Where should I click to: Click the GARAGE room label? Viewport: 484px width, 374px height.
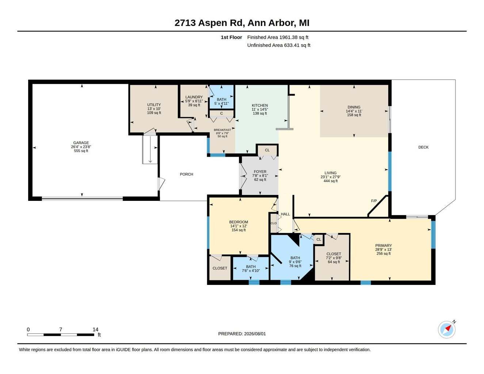click(81, 143)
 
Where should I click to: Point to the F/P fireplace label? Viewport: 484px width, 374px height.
click(374, 201)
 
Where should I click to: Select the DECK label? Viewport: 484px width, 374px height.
click(423, 147)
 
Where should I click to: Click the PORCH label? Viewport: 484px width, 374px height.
click(186, 174)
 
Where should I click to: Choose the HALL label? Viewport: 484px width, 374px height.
click(285, 214)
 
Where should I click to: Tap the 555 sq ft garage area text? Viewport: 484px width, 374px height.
click(81, 151)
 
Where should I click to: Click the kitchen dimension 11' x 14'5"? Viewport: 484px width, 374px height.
click(260, 109)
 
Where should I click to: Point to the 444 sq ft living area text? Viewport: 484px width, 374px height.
click(330, 181)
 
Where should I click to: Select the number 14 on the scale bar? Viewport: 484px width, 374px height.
click(95, 329)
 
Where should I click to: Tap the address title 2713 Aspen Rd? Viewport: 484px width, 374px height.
click(210, 23)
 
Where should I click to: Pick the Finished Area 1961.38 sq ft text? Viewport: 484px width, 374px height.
click(278, 37)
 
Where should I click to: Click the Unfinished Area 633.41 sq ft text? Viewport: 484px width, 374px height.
click(279, 45)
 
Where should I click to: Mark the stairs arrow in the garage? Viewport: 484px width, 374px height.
click(150, 150)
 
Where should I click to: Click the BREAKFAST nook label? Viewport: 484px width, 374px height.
click(222, 130)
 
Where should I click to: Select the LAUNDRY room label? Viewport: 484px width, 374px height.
click(194, 97)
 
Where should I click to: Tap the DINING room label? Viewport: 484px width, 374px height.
click(354, 107)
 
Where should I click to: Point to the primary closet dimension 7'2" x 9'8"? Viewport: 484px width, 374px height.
click(334, 258)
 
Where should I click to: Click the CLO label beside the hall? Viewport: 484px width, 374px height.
click(273, 223)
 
